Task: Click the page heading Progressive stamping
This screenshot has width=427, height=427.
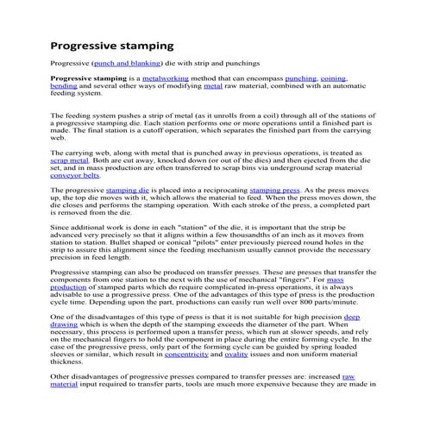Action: point(112,44)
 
